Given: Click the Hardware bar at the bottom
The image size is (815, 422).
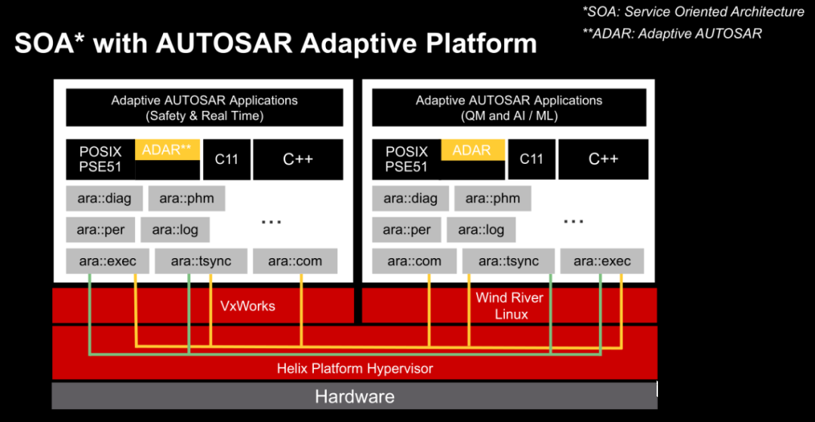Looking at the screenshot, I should (x=354, y=396).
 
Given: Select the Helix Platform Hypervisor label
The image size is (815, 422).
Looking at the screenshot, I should (x=355, y=368).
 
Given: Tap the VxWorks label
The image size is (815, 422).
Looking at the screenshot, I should (x=248, y=306).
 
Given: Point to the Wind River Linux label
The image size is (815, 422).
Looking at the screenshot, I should (x=510, y=306).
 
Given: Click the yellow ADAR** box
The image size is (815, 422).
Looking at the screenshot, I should (x=167, y=149).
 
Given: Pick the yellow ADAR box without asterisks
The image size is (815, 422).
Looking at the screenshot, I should (x=472, y=150).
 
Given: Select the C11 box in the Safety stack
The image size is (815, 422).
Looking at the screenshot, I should (x=226, y=159).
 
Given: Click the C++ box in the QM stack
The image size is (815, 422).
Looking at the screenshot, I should (x=603, y=159).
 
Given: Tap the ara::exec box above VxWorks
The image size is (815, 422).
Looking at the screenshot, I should (x=107, y=261).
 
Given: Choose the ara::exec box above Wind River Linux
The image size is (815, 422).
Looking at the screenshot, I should (x=601, y=261).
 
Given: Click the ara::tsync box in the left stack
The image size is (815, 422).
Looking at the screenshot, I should (x=201, y=261).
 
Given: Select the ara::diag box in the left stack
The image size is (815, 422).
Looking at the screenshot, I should (x=104, y=199).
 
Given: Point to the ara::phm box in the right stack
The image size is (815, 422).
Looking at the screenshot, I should (x=492, y=199).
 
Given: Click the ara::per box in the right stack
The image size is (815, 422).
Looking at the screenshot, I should (x=407, y=229).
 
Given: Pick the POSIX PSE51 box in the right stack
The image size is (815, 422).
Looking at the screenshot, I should (x=406, y=159).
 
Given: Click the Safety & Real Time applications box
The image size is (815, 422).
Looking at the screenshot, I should (x=205, y=107).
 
